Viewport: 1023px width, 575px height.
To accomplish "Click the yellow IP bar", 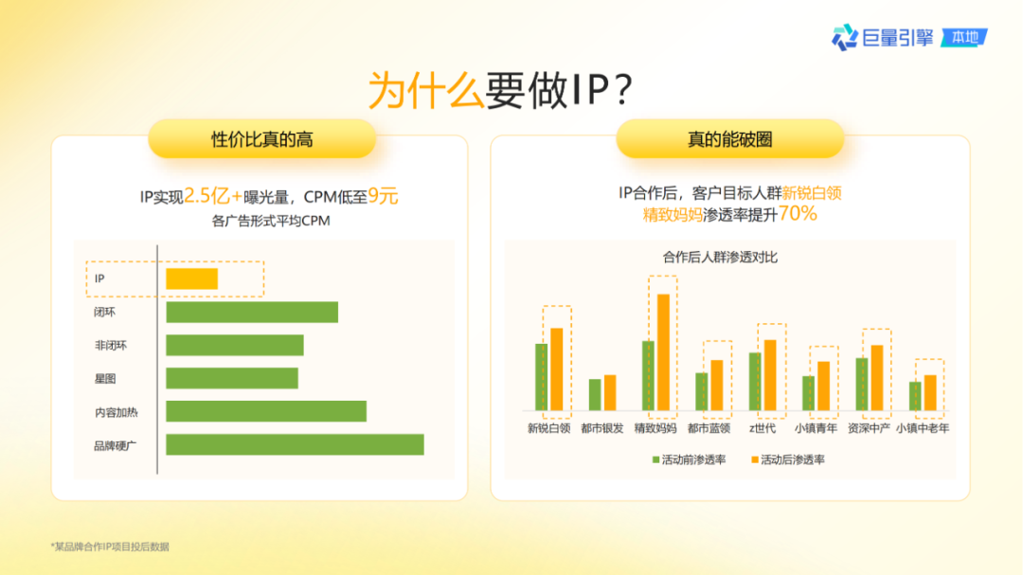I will tap(191, 279).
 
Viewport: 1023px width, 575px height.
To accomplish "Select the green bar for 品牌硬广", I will tap(295, 445).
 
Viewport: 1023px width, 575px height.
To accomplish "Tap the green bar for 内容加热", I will tap(266, 411).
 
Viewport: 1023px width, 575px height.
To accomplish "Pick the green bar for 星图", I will tap(232, 378).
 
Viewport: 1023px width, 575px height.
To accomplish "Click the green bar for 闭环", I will tap(252, 312).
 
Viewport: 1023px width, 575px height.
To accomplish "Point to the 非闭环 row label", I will tap(110, 345).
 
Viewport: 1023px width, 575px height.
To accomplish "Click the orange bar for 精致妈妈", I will tap(663, 352).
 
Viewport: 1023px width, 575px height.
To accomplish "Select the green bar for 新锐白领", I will tap(542, 377).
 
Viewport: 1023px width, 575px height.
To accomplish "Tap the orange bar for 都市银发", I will tap(610, 393).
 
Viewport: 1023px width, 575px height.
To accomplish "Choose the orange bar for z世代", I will tap(770, 375).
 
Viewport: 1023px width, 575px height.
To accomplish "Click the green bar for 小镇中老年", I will tap(915, 396).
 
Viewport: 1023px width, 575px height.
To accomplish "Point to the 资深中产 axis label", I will tap(869, 428).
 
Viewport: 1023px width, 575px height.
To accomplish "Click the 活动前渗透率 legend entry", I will tap(689, 459).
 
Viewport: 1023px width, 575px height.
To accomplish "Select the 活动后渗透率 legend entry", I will tap(787, 459).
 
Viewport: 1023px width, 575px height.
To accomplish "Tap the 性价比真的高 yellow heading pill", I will tap(261, 139).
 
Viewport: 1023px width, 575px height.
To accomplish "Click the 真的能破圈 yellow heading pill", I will tap(729, 139).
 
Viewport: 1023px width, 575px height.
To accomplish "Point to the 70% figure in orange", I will tap(798, 214).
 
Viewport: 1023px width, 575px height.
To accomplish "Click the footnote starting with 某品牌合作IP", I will tap(110, 547).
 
